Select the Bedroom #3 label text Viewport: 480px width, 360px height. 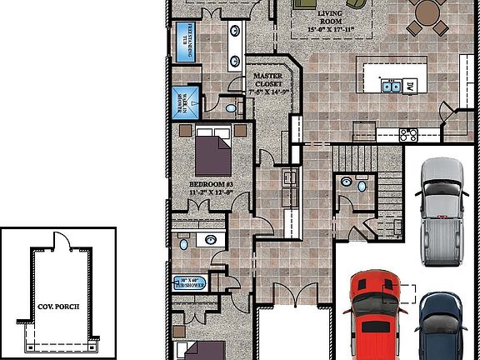click(x=211, y=187)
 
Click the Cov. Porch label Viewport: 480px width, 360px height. click(x=58, y=306)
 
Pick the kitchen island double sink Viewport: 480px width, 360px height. click(x=389, y=85)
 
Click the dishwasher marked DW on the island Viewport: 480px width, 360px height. click(x=411, y=85)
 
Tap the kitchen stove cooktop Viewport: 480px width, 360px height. click(x=408, y=133)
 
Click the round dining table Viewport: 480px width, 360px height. click(x=427, y=12)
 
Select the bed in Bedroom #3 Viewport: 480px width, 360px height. click(x=214, y=152)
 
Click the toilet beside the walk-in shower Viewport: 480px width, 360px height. click(x=229, y=107)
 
